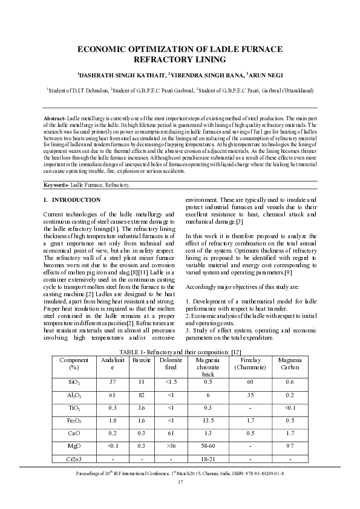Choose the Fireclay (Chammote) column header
click(249, 364)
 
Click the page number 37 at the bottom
click(180, 482)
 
